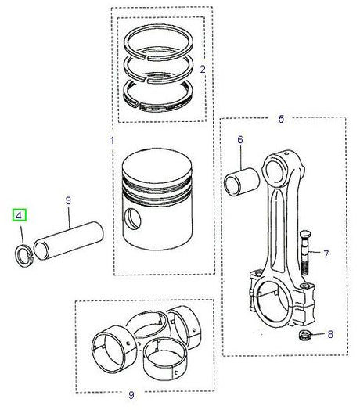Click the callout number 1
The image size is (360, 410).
(x=111, y=142)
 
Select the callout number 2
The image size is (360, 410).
(x=202, y=70)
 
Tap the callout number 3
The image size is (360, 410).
(x=68, y=201)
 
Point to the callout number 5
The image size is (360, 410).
(x=282, y=119)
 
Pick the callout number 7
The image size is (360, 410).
(x=326, y=254)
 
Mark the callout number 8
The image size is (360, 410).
(x=329, y=333)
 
